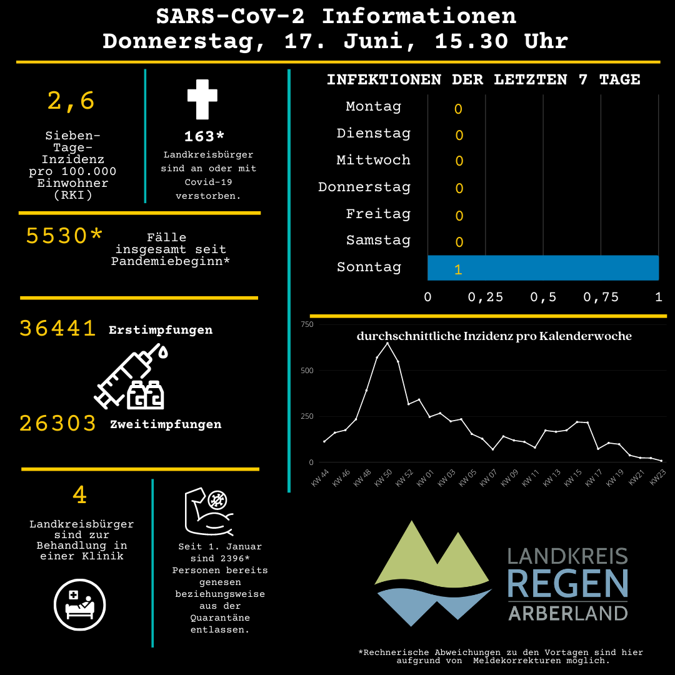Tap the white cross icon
click(x=202, y=99)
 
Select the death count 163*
click(x=204, y=136)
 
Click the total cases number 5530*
click(x=64, y=236)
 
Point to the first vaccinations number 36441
click(x=57, y=329)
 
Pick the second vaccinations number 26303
click(x=57, y=423)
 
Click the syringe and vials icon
click(x=131, y=376)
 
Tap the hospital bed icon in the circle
click(x=79, y=604)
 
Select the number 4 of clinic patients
click(x=79, y=494)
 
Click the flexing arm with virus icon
click(x=209, y=511)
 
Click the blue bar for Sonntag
click(x=543, y=267)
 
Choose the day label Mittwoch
click(x=373, y=160)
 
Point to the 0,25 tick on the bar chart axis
click(x=485, y=297)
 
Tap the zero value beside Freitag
click(x=459, y=216)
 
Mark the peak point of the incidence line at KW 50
click(x=387, y=343)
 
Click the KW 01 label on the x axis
click(x=426, y=478)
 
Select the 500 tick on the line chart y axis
click(x=307, y=370)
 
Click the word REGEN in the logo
click(x=567, y=584)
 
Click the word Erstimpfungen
click(x=161, y=330)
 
